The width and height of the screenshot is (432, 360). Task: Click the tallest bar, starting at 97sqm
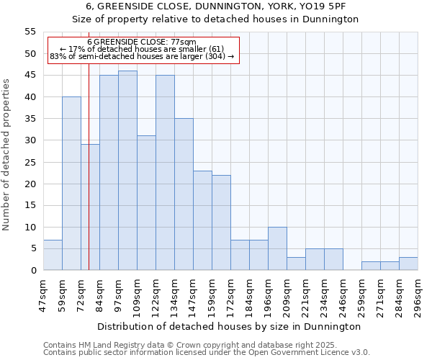click(127, 171)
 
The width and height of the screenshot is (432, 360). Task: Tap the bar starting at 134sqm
click(184, 194)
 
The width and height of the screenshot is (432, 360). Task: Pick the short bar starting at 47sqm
click(53, 255)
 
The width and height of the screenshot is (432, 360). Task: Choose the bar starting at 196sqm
click(277, 248)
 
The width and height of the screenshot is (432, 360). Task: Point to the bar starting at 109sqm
click(146, 203)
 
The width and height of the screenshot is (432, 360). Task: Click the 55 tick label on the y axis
click(30, 32)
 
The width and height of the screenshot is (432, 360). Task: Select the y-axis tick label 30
click(30, 140)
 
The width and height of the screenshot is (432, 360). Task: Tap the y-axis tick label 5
click(33, 248)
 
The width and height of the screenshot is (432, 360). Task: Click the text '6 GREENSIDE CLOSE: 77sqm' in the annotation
click(142, 42)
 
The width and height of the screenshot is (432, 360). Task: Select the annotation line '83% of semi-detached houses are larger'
click(142, 56)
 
